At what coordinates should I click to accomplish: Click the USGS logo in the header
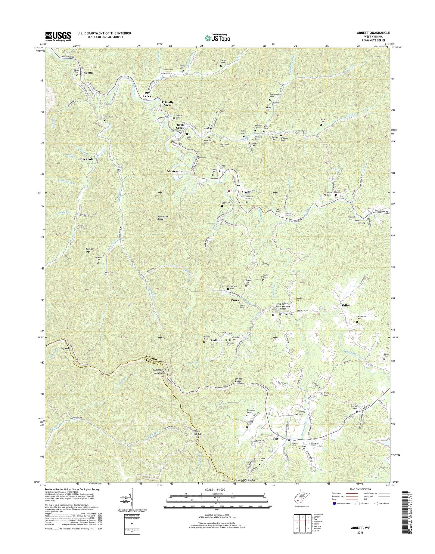pos(58,36)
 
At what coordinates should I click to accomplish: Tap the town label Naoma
pos(88,72)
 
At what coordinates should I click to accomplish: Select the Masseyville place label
pos(175,171)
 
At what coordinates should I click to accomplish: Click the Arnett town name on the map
pos(246,192)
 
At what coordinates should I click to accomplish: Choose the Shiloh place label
pos(346,305)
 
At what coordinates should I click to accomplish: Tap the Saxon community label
pos(288,314)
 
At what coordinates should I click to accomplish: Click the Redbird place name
pos(216,340)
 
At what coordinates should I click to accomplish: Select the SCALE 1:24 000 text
pos(217,498)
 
